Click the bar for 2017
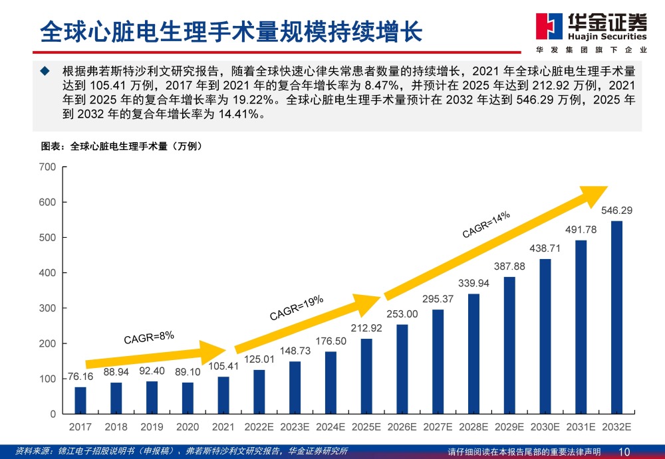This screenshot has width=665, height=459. pos(80,400)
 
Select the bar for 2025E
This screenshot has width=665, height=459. pos(366,376)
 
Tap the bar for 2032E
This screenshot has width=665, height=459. pos(616,317)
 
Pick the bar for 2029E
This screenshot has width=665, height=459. pos(509,345)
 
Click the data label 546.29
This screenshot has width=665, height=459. pos(616,211)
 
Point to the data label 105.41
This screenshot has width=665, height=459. pos(223,366)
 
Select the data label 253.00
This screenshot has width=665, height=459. pos(402,314)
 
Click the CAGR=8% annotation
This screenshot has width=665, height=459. pos(148,337)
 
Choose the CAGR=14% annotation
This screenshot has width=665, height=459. pos(486,224)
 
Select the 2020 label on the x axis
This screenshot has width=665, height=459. pos(188,426)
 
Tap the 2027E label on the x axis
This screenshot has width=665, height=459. pos(438,426)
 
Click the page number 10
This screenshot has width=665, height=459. pos(624,452)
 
